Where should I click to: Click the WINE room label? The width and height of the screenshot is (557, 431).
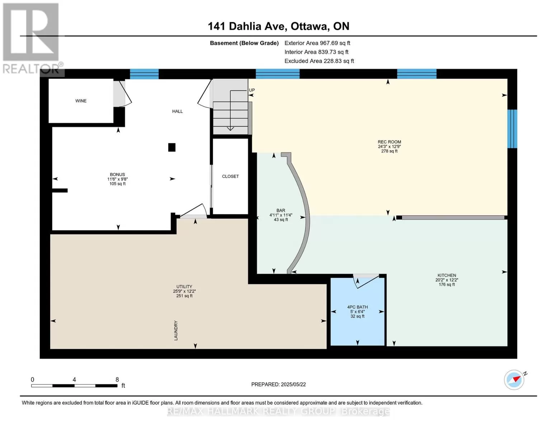[x=81, y=101]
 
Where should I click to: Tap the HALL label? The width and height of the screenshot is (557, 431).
[x=178, y=111]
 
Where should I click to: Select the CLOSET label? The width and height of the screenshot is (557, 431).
[x=230, y=176]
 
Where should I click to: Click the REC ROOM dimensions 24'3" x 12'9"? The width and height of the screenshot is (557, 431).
[x=389, y=147]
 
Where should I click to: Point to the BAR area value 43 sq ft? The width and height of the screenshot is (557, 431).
[x=281, y=220]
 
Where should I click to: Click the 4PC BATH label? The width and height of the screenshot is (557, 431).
[x=357, y=307]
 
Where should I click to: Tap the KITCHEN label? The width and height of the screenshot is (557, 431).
[x=447, y=275]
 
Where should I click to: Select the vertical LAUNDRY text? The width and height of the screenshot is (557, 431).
[x=176, y=331]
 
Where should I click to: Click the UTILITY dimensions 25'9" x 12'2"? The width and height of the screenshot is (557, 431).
[x=184, y=291]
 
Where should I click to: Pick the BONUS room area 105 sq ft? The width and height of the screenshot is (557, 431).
[x=117, y=184]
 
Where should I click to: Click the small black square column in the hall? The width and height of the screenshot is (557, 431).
[x=172, y=147]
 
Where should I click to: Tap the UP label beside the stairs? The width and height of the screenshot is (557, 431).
[x=252, y=90]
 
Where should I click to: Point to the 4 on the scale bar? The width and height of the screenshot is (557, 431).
[x=74, y=379]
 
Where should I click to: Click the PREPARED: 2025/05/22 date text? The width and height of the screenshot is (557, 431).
[x=278, y=384]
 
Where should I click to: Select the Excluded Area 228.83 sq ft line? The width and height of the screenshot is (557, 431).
[x=319, y=61]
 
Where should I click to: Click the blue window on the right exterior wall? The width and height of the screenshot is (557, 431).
[x=512, y=129]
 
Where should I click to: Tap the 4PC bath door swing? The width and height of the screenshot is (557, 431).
[x=366, y=281]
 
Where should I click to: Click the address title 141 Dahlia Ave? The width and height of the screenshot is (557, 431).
[x=246, y=26]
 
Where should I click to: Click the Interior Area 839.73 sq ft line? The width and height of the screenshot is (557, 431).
[x=316, y=52]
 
